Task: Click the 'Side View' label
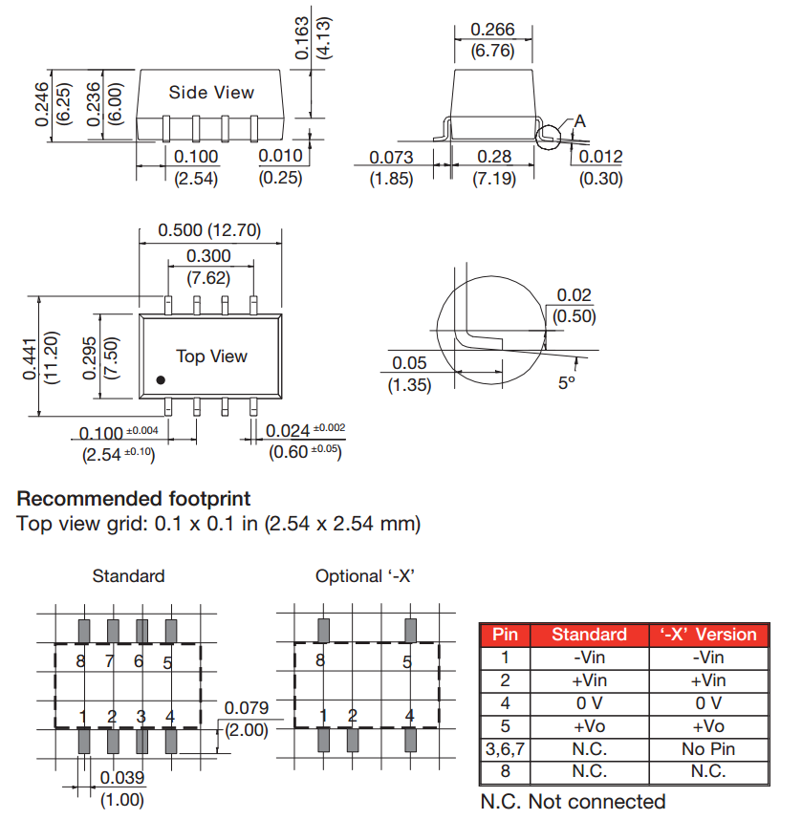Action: [211, 93]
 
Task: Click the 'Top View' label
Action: [211, 356]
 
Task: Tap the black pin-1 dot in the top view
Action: [161, 380]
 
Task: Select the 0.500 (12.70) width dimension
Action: [208, 231]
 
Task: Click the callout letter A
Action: [579, 121]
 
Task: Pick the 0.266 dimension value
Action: [493, 31]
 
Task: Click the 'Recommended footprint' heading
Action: [134, 499]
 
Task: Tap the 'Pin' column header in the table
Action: [505, 635]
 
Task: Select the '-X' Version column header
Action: [708, 635]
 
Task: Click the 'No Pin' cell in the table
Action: [708, 749]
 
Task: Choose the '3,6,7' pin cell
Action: [505, 749]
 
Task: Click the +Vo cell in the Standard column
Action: [590, 726]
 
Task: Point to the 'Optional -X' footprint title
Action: [370, 576]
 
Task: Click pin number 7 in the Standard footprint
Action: [109, 661]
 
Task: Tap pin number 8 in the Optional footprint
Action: [319, 661]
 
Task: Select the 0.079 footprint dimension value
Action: [246, 708]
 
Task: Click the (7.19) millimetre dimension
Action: [494, 178]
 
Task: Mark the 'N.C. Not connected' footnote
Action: [572, 801]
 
